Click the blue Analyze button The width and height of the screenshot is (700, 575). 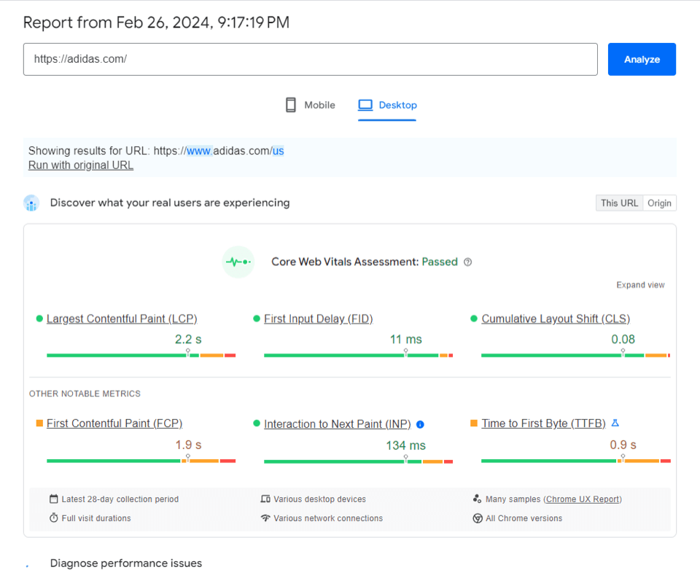(642, 59)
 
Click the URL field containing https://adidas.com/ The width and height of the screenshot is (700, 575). (310, 59)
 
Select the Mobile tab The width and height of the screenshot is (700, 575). (311, 105)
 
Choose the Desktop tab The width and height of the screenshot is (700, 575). (387, 105)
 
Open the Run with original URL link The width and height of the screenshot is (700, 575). (81, 165)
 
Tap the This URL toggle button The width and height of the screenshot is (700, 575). (619, 203)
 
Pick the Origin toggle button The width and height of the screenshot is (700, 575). (659, 203)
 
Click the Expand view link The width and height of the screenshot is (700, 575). (640, 285)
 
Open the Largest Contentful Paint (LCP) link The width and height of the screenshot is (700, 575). (122, 318)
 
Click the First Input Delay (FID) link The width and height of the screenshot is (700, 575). (319, 318)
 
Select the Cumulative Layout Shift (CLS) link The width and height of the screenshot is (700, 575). (556, 318)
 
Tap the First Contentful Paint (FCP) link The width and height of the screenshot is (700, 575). (114, 423)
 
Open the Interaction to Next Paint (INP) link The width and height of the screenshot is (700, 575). (338, 424)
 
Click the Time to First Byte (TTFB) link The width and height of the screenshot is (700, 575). (543, 423)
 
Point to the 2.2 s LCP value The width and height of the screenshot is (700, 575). (188, 339)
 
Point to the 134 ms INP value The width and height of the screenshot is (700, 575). (405, 445)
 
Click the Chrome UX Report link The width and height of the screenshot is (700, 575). (583, 499)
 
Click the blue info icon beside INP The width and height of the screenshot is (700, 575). (420, 424)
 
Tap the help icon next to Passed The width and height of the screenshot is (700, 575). (468, 262)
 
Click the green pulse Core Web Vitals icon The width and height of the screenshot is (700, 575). (238, 262)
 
